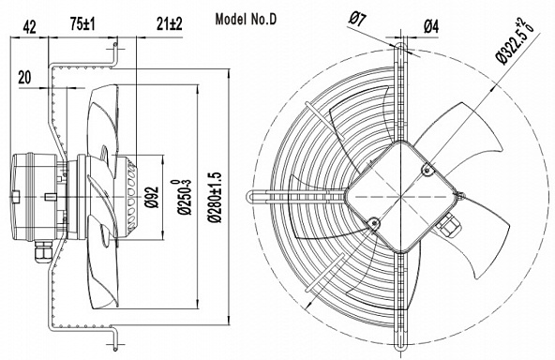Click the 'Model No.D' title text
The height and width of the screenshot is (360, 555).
pyautogui.click(x=246, y=19)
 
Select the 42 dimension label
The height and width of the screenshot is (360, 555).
pyautogui.click(x=30, y=27)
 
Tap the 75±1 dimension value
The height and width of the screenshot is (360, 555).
pyautogui.click(x=82, y=24)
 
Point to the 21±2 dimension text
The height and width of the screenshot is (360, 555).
pyautogui.click(x=169, y=24)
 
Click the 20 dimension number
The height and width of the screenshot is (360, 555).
pyautogui.click(x=24, y=77)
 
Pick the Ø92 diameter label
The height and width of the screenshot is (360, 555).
pyautogui.click(x=153, y=197)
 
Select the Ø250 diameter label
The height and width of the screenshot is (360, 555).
pyautogui.click(x=182, y=197)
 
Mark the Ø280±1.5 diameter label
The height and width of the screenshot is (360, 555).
pyautogui.click(x=215, y=197)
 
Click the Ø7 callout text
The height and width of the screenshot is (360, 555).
pyautogui.click(x=357, y=19)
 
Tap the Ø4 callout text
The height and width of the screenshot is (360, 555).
pyautogui.click(x=431, y=26)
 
